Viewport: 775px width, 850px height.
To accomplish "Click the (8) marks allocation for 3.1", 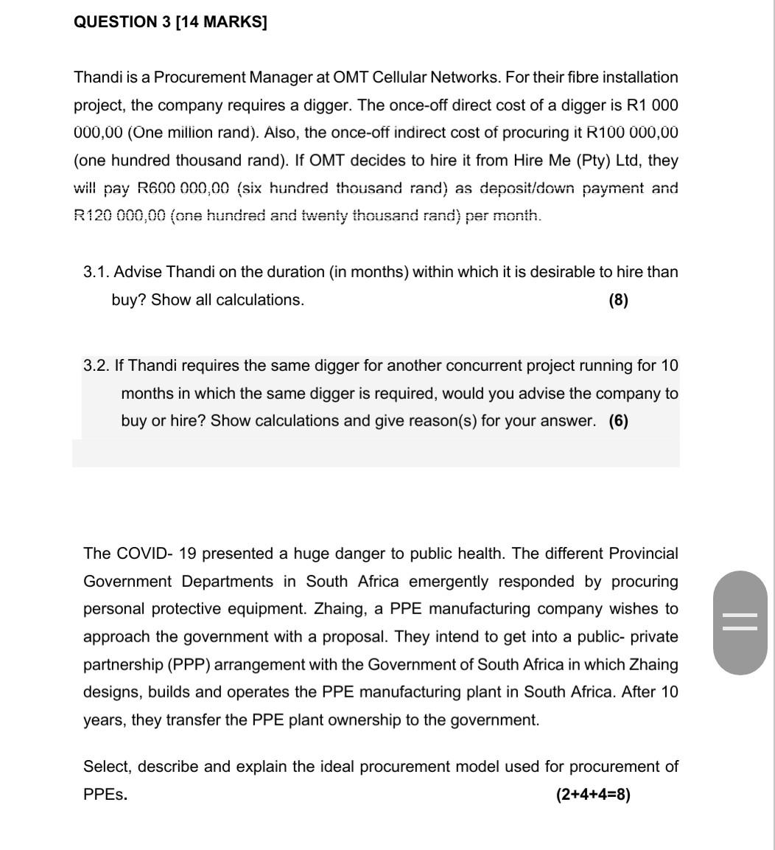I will point(619,300).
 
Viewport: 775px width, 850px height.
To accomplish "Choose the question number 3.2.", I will point(97,366).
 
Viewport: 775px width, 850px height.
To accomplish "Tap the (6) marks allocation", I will point(619,421).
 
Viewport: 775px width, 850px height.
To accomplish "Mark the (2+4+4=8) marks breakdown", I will point(593,795).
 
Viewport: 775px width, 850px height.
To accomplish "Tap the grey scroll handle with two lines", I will point(740,623).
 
